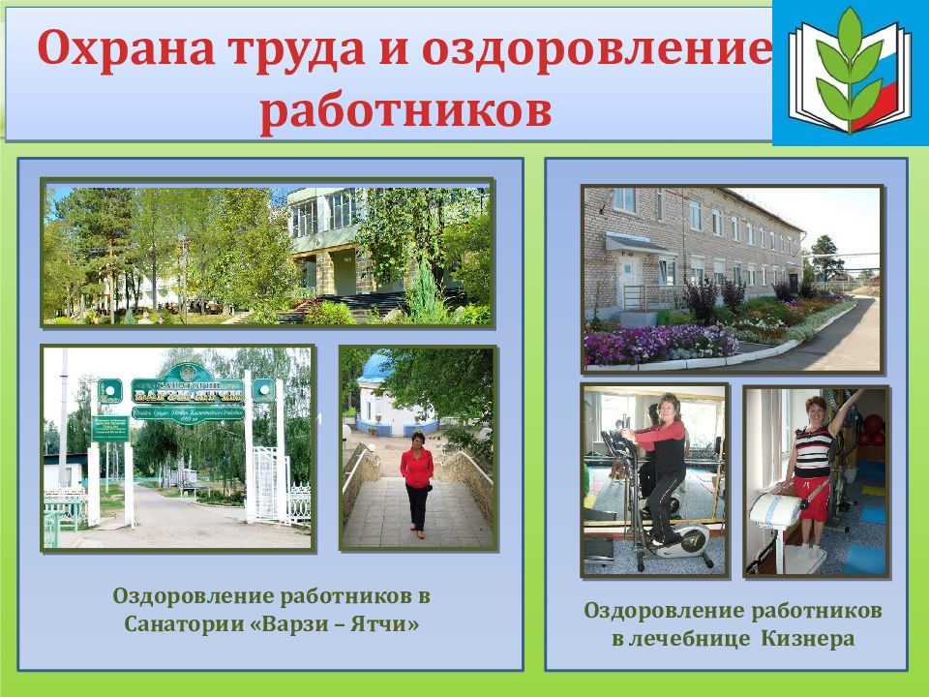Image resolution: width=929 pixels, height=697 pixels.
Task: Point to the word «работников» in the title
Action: [405, 109]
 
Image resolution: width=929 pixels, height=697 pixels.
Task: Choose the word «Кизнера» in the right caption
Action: [807, 639]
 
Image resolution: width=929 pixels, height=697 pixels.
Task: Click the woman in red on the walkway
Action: [417, 480]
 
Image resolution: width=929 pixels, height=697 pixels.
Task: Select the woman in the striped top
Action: [815, 465]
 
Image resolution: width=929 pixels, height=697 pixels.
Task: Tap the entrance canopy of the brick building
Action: [639, 244]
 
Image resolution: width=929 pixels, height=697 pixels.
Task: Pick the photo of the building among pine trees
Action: [267, 255]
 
